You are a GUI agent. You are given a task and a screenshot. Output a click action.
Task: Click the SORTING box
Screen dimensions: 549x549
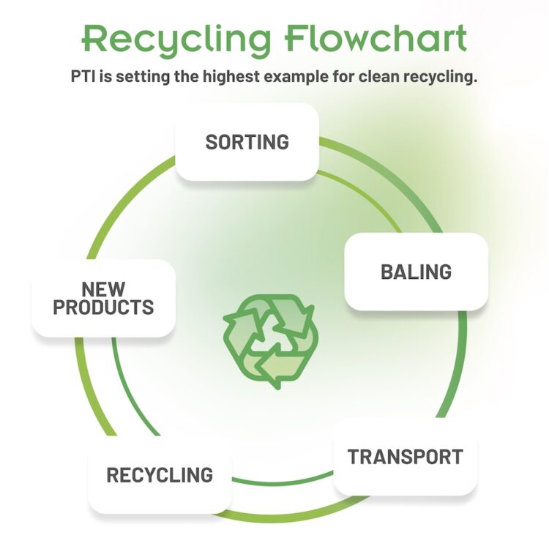[x=247, y=142]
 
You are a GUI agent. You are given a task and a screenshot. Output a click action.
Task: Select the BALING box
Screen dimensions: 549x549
[x=416, y=272]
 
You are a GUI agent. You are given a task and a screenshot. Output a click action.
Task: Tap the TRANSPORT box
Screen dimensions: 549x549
[x=405, y=457]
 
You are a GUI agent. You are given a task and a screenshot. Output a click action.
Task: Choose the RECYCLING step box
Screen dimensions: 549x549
[x=160, y=475]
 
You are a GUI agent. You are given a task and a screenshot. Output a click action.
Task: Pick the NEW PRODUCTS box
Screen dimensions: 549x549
[x=103, y=299]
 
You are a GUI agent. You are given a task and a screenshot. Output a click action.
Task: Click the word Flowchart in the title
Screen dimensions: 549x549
[x=376, y=38]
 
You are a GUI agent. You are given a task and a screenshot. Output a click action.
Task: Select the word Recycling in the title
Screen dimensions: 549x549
[x=177, y=40]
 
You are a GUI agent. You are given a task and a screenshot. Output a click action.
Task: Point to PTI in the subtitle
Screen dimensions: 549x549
[x=83, y=76]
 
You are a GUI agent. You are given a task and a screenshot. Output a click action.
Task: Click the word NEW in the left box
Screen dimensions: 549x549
[x=103, y=289]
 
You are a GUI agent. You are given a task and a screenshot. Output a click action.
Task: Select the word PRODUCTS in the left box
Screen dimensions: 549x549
[x=103, y=307]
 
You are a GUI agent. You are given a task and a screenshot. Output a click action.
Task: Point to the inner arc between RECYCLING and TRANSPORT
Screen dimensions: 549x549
[x=283, y=482]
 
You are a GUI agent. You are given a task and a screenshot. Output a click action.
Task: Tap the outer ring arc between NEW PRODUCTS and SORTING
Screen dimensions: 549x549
[x=119, y=200]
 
